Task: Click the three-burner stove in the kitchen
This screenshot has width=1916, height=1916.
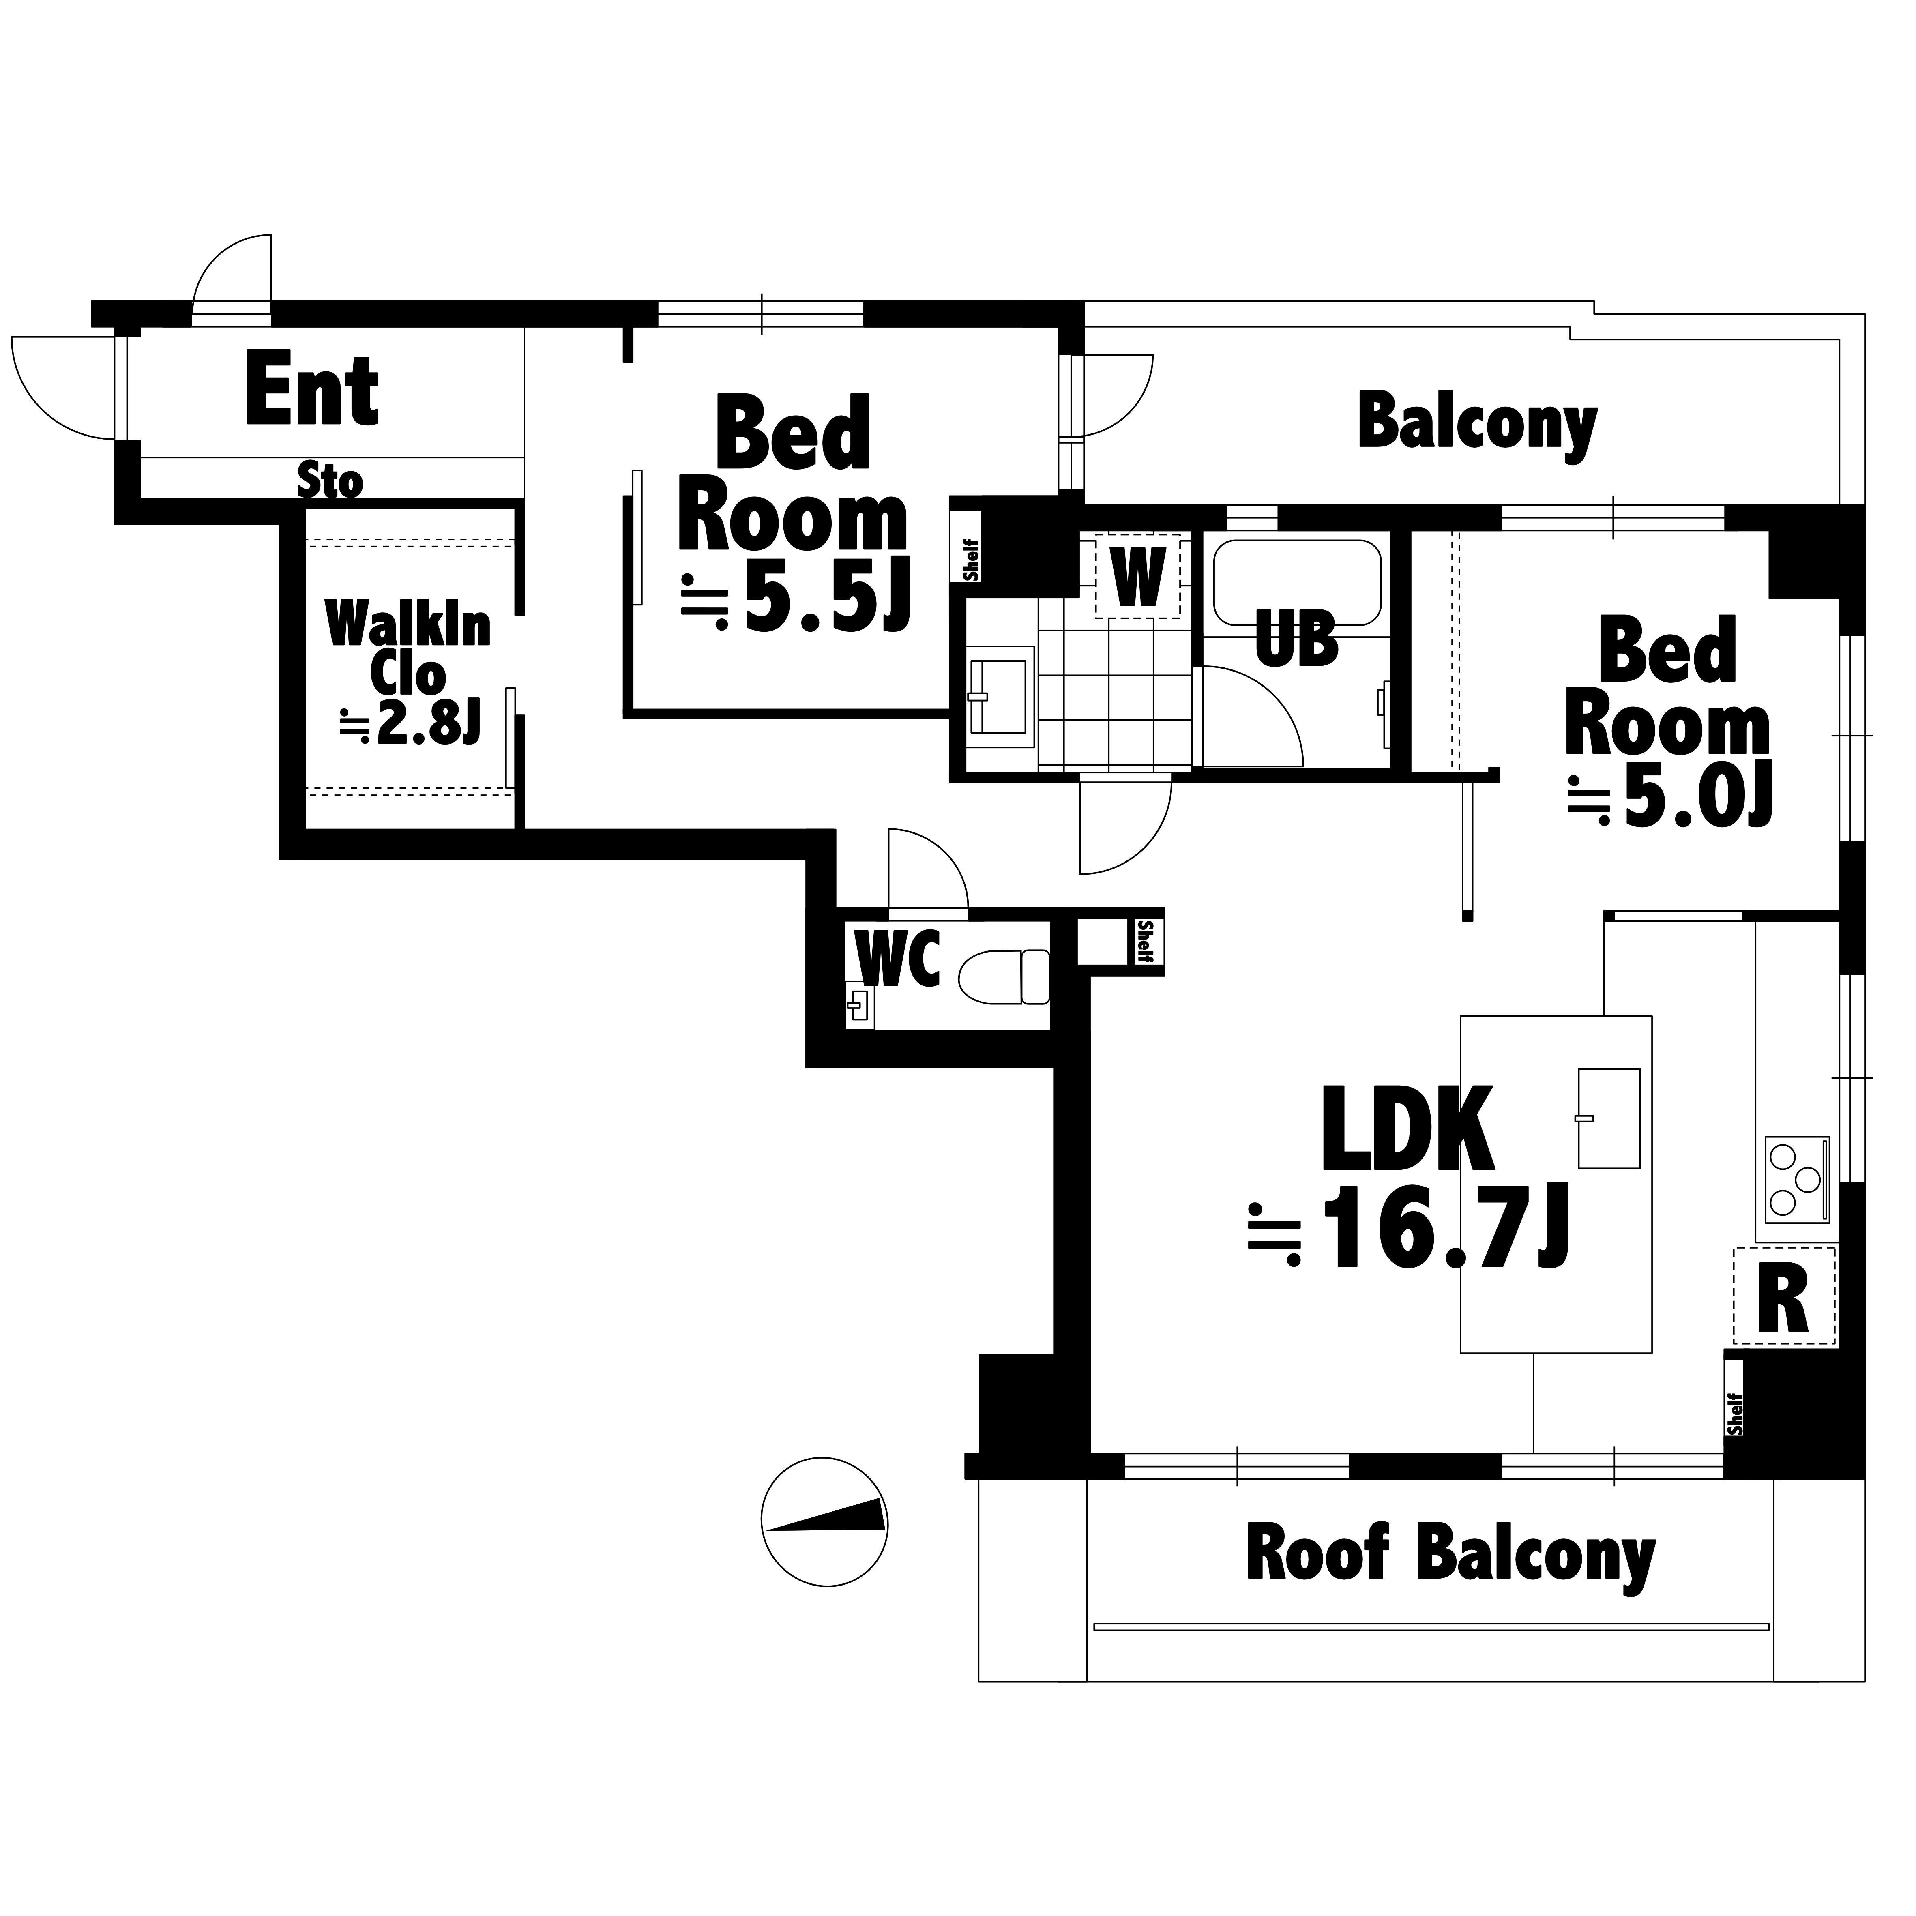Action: [x=1796, y=1180]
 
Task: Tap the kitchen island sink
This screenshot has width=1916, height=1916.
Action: [x=1609, y=1118]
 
